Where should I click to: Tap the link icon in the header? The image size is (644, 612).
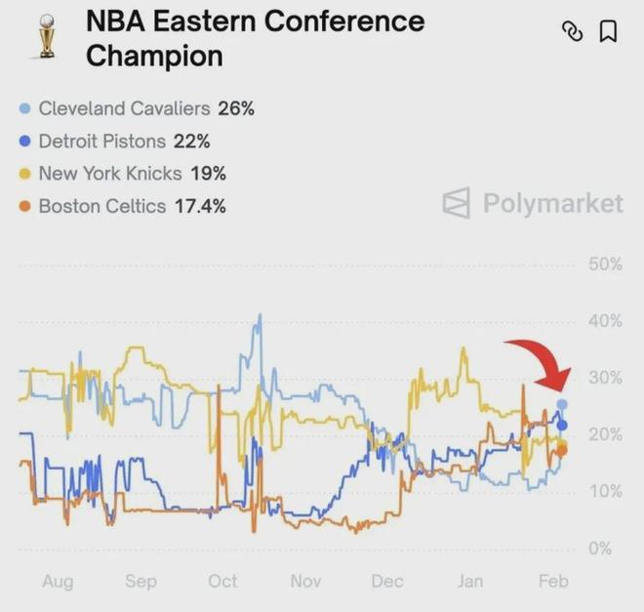[x=573, y=32]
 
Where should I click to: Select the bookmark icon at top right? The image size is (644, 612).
[x=607, y=32]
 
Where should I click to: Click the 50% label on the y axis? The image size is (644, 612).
[x=605, y=265]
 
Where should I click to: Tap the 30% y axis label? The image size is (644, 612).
[x=605, y=378]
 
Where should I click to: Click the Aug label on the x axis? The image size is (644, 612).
[x=58, y=582]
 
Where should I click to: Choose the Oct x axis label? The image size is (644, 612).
[x=222, y=582]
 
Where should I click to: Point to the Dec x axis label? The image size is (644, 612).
[x=387, y=582]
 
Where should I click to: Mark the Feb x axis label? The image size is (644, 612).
[x=553, y=582]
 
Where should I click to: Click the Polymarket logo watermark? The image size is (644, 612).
[x=533, y=203]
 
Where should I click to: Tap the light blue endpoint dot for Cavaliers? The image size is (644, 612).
[x=562, y=404]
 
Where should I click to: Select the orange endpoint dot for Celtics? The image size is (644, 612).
[x=561, y=450]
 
